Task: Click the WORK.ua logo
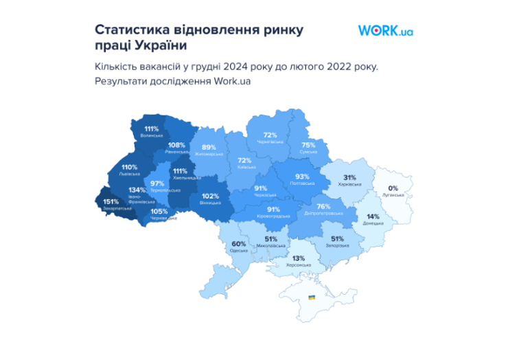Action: (386, 31)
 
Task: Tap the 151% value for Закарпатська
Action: (110, 201)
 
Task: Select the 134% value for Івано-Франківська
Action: (137, 190)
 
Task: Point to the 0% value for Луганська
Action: (393, 188)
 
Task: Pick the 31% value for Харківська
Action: (348, 177)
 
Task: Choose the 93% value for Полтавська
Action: (302, 177)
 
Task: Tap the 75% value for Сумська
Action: (308, 145)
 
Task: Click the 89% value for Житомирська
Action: (209, 147)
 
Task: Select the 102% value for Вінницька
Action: (210, 196)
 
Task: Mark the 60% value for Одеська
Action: (239, 244)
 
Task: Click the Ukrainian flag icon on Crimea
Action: (312, 297)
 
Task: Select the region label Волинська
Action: (151, 136)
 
